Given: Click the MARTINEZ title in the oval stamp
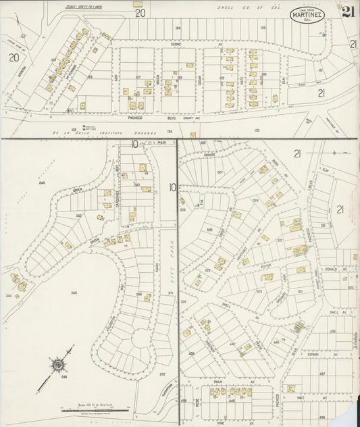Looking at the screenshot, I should (x=306, y=14).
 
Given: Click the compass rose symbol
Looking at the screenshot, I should (x=59, y=366).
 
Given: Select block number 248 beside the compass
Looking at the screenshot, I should (x=65, y=377).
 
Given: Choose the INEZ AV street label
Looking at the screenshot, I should (x=317, y=398).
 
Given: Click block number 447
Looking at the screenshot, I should (x=232, y=343).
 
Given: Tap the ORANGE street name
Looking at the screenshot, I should (x=209, y=155).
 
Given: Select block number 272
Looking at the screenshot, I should (x=162, y=374).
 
